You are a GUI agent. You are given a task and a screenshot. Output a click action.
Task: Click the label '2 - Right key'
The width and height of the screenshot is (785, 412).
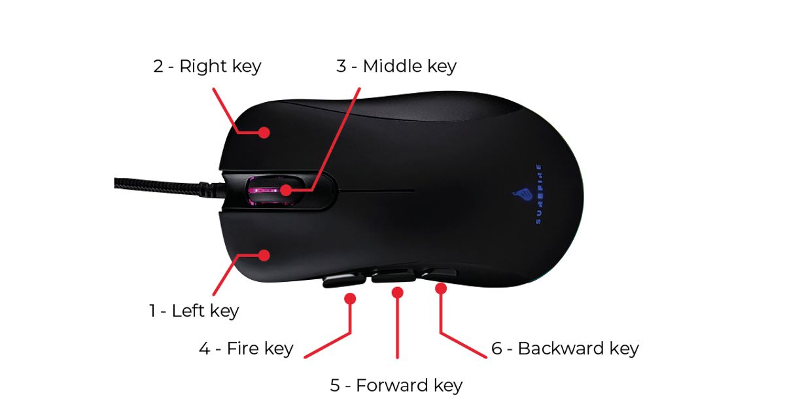click(207, 66)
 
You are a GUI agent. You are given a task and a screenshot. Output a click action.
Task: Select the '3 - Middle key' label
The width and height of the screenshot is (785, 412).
click(396, 66)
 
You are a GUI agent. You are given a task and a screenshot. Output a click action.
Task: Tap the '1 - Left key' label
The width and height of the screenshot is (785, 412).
click(194, 311)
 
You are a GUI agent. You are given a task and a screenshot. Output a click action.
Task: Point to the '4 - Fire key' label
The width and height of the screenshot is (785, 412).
click(245, 349)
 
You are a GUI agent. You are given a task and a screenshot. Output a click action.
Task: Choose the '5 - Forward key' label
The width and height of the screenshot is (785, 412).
click(396, 385)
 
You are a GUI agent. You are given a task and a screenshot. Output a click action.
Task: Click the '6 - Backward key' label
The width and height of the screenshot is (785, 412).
click(565, 349)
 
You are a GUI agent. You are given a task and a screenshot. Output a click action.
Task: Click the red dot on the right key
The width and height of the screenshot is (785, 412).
click(264, 132)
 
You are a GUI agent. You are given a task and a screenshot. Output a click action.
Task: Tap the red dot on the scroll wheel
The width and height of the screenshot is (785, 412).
click(286, 191)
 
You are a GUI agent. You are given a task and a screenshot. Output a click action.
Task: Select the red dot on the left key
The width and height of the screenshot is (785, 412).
click(264, 254)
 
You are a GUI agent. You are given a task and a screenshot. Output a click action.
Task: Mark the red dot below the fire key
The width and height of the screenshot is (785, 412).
click(350, 299)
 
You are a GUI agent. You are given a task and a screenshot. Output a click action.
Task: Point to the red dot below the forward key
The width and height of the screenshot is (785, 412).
click(397, 292)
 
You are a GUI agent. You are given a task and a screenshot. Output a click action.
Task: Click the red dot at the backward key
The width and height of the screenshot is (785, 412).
click(441, 287)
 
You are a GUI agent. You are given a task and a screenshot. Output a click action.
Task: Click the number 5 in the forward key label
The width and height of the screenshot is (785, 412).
click(335, 385)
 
